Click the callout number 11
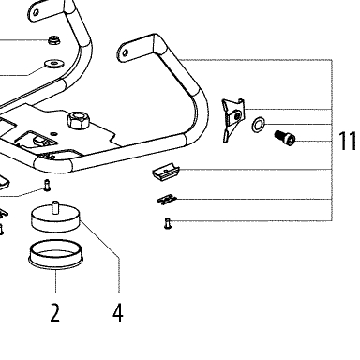[x=348, y=141]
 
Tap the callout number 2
[x=55, y=312]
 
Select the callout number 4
[x=118, y=312]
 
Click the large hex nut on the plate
[x=79, y=120]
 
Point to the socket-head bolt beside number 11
[x=285, y=139]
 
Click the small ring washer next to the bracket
[x=258, y=125]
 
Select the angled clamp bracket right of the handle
[x=232, y=120]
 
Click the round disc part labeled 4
[x=56, y=218]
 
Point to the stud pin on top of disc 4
[x=55, y=207]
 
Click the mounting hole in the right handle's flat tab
[x=126, y=52]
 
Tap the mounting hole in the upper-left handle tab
[x=37, y=12]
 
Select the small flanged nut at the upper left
[x=54, y=40]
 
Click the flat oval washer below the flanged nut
[x=54, y=64]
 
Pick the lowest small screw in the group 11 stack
[x=168, y=224]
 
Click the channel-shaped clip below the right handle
[x=166, y=172]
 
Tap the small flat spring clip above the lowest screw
[x=167, y=200]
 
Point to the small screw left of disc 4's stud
[x=47, y=185]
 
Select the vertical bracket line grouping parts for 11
[x=332, y=141]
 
